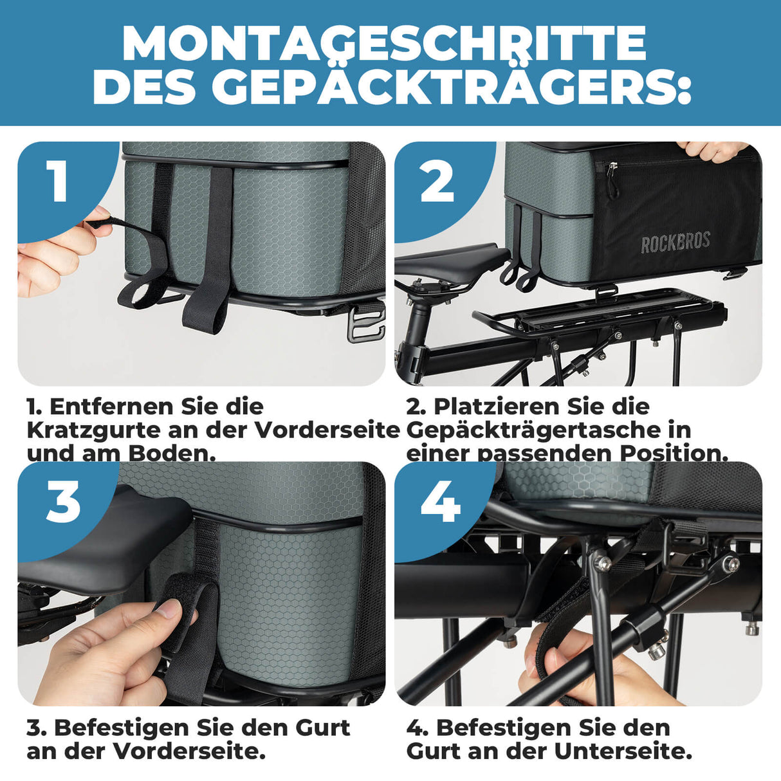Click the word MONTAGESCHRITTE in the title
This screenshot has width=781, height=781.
384,44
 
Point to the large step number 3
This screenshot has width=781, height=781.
63,501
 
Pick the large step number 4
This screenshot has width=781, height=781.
441,501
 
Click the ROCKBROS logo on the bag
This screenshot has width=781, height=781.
675,243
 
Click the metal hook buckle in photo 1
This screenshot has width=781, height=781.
365,324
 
